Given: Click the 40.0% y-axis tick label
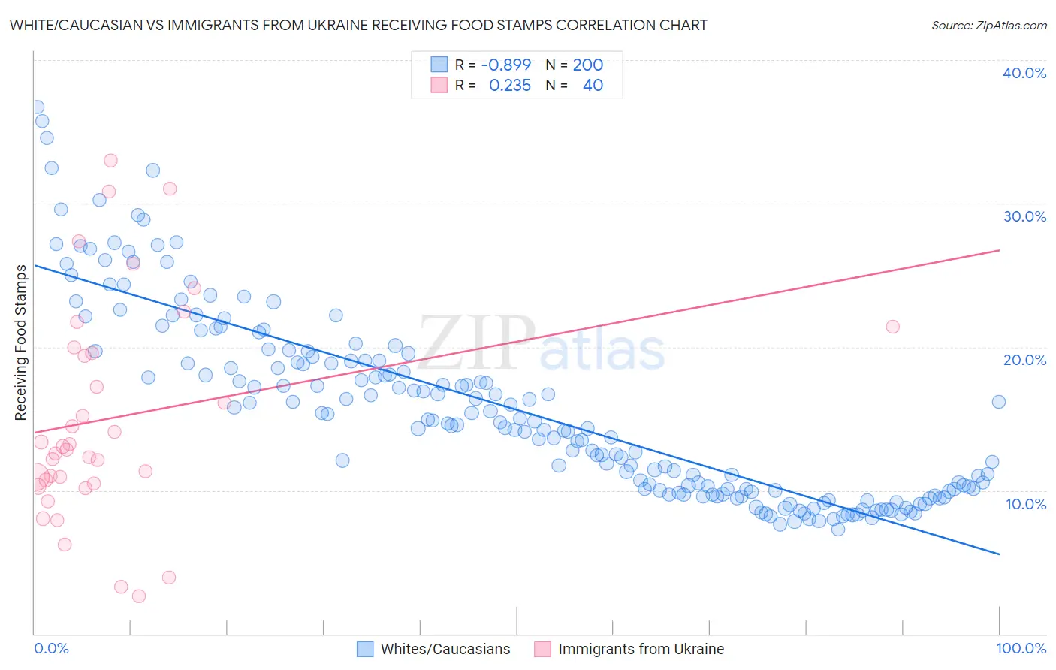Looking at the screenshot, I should [1024, 73].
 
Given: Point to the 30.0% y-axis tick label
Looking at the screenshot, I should [1024, 216].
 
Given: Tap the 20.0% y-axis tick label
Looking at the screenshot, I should [1024, 360].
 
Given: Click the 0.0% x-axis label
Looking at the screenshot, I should [51, 648].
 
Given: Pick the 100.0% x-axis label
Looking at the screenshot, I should [1021, 648].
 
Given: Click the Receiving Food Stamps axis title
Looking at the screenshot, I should [21, 343].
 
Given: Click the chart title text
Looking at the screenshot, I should [358, 26].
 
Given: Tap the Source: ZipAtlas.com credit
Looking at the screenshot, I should [988, 26].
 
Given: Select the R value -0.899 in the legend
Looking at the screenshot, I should [505, 65].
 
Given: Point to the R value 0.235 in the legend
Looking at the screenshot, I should [509, 86].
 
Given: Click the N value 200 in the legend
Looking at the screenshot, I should [587, 65].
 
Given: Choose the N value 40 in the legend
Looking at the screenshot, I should [593, 86].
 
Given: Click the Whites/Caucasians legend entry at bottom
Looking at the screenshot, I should [445, 649].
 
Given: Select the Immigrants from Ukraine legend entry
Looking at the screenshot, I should [641, 649].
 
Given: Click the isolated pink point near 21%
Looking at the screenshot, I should [892, 327].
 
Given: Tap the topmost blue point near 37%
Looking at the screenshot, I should [37, 107].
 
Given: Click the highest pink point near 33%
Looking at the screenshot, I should [110, 160].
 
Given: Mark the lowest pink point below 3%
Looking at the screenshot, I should [139, 596].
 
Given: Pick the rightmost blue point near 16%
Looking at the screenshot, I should [998, 402].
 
